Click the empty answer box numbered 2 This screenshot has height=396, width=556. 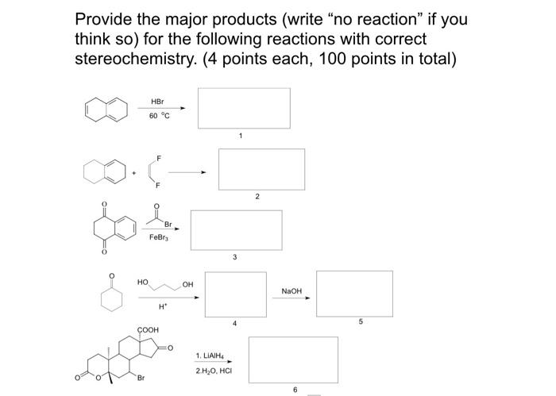coord(261,169)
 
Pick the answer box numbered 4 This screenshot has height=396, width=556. coord(235,294)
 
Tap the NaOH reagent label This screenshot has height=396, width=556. coord(292,291)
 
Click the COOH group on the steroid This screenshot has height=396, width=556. coord(148,329)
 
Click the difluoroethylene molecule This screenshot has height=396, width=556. coord(153,172)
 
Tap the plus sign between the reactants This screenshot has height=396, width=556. coord(133,172)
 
